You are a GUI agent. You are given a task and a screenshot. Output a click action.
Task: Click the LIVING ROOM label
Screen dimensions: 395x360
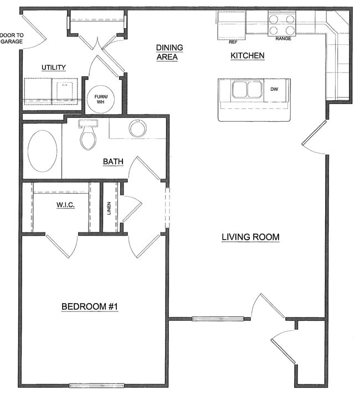[250, 237]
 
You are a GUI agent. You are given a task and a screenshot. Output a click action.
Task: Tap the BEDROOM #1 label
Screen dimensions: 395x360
[90, 306]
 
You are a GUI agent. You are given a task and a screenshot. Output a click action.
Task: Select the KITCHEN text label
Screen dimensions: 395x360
[247, 56]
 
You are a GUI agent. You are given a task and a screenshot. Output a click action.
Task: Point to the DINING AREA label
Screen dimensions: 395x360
[169, 53]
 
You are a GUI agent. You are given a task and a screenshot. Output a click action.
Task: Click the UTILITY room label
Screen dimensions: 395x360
[54, 67]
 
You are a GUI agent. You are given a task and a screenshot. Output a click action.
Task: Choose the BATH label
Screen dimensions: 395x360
[113, 162]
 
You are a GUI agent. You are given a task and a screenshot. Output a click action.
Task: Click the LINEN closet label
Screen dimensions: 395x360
[109, 209]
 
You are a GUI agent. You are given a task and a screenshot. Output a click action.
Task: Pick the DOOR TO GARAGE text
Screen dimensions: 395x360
[12, 38]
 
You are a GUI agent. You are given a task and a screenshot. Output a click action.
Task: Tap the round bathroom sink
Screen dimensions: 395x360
[137, 128]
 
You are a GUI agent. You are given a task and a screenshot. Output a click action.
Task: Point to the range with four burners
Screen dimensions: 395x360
[281, 24]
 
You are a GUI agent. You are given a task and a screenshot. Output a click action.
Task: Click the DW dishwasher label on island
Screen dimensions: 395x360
[274, 89]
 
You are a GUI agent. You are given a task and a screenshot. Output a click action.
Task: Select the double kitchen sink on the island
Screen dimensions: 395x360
[246, 89]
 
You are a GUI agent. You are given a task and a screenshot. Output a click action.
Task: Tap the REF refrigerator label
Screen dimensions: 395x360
[233, 41]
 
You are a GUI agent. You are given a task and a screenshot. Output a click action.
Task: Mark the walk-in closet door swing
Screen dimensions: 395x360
[60, 246]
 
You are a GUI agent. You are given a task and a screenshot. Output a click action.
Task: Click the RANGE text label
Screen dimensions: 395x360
[283, 39]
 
